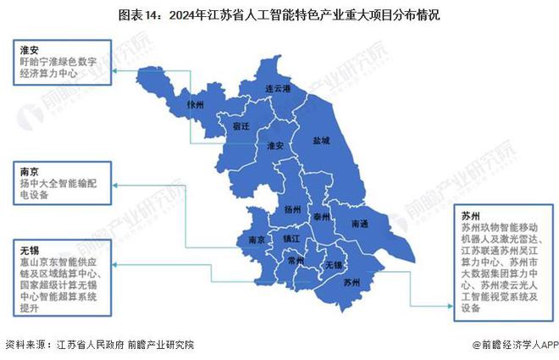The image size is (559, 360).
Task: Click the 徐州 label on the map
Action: coord(196,105)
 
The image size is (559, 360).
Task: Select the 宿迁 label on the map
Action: coord(242,125)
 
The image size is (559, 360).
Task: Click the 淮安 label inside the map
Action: coord(274,145)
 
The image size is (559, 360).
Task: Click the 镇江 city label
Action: coord(291,240)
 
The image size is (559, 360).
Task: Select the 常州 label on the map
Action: coord(296,262)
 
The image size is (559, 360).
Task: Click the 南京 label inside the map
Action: coord(257,240)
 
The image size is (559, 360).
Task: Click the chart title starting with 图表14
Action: coord(279,14)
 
